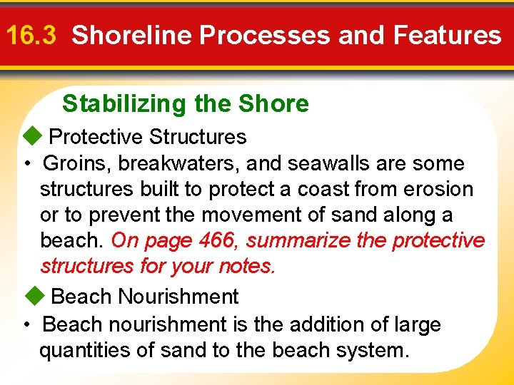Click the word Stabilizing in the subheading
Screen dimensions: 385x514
(x=123, y=104)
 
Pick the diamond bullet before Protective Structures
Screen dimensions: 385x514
(x=32, y=136)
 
